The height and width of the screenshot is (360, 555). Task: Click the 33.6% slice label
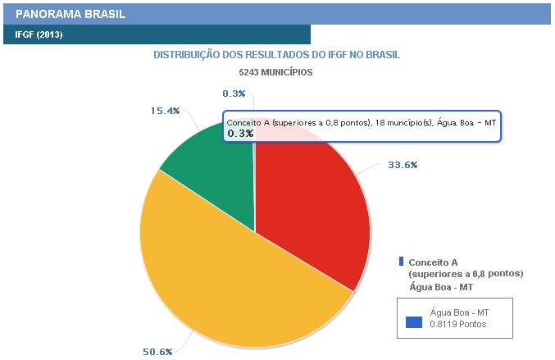pyautogui.click(x=403, y=165)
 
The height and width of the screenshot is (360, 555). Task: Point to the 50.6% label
pyautogui.click(x=157, y=352)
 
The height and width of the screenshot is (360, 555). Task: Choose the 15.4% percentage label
pyautogui.click(x=165, y=111)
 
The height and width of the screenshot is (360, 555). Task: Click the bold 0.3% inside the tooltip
pyautogui.click(x=240, y=133)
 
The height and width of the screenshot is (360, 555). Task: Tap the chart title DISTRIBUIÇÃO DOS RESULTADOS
pyautogui.click(x=276, y=55)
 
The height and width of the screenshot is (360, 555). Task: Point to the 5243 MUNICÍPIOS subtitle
pyautogui.click(x=275, y=72)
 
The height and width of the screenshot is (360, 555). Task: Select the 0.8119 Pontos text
pyautogui.click(x=458, y=324)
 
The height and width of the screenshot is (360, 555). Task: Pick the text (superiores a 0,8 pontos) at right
pyautogui.click(x=465, y=274)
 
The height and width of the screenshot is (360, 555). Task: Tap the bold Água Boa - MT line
pyautogui.click(x=440, y=287)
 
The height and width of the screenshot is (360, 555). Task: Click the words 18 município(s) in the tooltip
pyautogui.click(x=389, y=122)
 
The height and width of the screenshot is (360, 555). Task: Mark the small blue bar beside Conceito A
pyautogui.click(x=401, y=261)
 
